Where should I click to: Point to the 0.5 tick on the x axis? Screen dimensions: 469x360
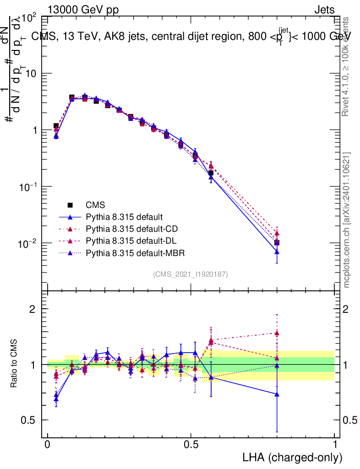point(191,445)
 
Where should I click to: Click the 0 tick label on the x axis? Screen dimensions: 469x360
point(48,445)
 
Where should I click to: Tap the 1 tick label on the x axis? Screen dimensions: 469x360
point(334,445)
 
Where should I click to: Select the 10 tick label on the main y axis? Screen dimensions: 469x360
point(30,74)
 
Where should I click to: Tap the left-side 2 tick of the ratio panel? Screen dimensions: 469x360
point(33,309)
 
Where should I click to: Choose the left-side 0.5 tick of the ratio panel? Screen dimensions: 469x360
point(29,420)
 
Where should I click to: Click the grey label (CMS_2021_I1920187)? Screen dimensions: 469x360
point(191,274)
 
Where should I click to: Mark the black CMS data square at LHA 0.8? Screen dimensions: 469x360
point(277,243)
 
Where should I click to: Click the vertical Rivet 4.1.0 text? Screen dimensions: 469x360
point(347,66)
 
